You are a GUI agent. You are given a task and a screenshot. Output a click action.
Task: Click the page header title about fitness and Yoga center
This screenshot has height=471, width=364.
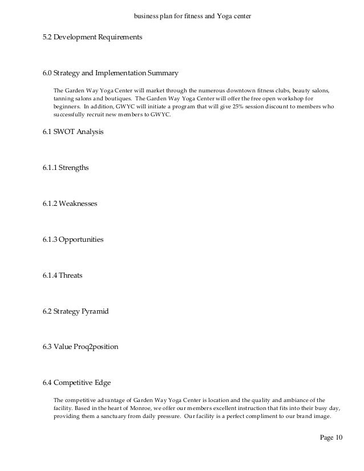click(x=192, y=17)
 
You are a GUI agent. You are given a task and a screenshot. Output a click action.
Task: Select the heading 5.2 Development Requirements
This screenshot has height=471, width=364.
click(x=92, y=38)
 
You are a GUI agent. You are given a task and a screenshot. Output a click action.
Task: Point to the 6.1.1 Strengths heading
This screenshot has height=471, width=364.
click(x=66, y=168)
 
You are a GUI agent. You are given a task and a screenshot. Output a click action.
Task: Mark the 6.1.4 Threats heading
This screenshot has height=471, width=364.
click(x=62, y=275)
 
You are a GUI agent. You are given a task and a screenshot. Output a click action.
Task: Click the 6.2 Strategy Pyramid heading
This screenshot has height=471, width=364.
click(x=75, y=311)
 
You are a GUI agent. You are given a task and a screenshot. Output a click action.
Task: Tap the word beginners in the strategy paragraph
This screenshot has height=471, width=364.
click(x=66, y=107)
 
